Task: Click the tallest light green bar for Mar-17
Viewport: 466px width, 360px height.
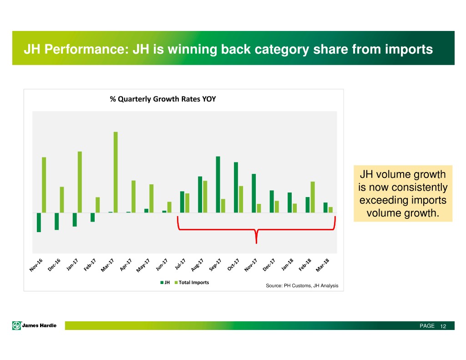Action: coord(116,172)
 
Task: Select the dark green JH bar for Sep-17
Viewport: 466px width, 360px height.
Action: coord(218,184)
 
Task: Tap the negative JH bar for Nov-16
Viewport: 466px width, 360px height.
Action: coord(39,222)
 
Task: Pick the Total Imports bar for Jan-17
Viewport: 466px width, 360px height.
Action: coord(80,182)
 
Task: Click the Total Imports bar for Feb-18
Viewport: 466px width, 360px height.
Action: coord(313,197)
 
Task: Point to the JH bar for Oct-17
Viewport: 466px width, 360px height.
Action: coord(236,187)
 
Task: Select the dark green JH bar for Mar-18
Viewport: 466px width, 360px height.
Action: coord(325,207)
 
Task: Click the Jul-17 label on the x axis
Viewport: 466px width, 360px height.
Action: coord(180,265)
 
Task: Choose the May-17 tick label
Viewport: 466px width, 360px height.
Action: coord(143,266)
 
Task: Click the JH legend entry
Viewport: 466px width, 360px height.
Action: coord(164,283)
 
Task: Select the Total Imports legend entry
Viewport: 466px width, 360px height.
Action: coord(191,283)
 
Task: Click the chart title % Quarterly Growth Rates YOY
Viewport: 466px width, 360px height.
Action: coord(163,99)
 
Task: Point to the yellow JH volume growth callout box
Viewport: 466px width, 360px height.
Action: coord(403,193)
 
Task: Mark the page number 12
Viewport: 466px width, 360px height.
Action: coord(443,326)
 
